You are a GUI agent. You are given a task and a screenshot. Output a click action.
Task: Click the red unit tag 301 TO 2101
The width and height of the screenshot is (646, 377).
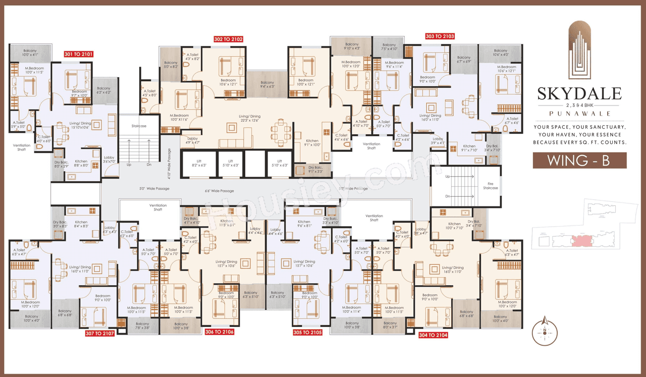(x=78, y=53)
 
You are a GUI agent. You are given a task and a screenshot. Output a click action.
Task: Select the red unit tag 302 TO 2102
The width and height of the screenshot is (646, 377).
(x=229, y=39)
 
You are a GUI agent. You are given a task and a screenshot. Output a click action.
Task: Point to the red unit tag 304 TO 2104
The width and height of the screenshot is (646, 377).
(x=433, y=334)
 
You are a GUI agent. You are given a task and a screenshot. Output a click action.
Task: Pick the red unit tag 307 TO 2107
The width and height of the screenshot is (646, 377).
(x=100, y=333)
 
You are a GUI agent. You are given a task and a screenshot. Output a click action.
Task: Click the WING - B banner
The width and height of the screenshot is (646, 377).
(x=579, y=160)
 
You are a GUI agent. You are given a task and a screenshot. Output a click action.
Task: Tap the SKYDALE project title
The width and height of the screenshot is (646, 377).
(x=579, y=94)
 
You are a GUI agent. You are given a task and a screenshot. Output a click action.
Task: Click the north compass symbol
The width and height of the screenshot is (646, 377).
(x=545, y=331)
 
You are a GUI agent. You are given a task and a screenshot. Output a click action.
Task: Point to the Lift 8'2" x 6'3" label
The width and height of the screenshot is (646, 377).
(x=199, y=163)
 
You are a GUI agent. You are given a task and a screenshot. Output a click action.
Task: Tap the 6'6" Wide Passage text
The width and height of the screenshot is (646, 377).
(x=220, y=191)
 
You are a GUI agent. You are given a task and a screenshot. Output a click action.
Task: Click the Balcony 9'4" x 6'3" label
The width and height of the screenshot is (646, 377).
(x=267, y=85)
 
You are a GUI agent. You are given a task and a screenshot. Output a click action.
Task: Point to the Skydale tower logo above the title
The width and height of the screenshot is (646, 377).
(x=579, y=50)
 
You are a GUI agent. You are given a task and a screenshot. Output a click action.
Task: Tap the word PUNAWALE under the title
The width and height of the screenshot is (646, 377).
(x=579, y=114)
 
